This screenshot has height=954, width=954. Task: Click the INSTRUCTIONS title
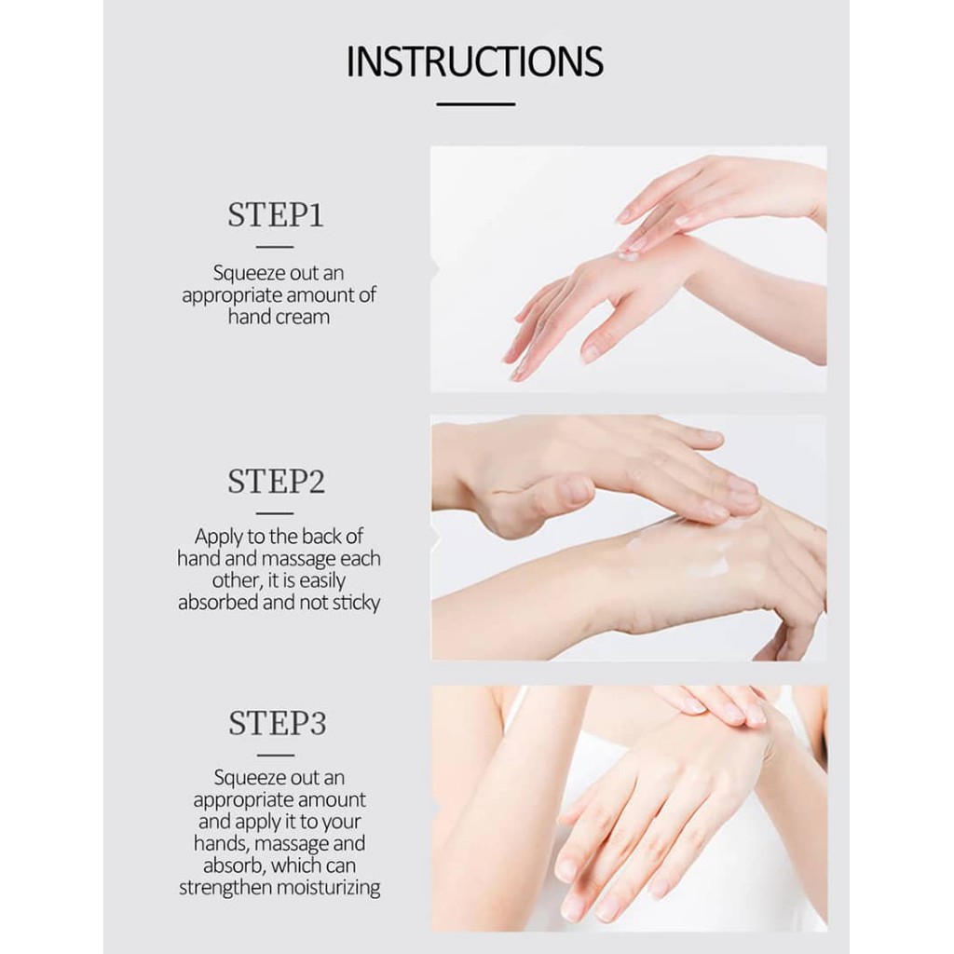475,61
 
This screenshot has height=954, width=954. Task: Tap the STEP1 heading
276,215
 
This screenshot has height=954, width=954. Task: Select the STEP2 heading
276,482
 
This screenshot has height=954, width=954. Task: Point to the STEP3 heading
278,723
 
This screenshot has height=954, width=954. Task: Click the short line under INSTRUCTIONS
476,104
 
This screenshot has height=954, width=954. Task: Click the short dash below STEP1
275,246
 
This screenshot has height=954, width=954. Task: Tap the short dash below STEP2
275,513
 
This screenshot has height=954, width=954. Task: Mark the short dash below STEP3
276,755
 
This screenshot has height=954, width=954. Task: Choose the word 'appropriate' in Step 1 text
232,296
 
